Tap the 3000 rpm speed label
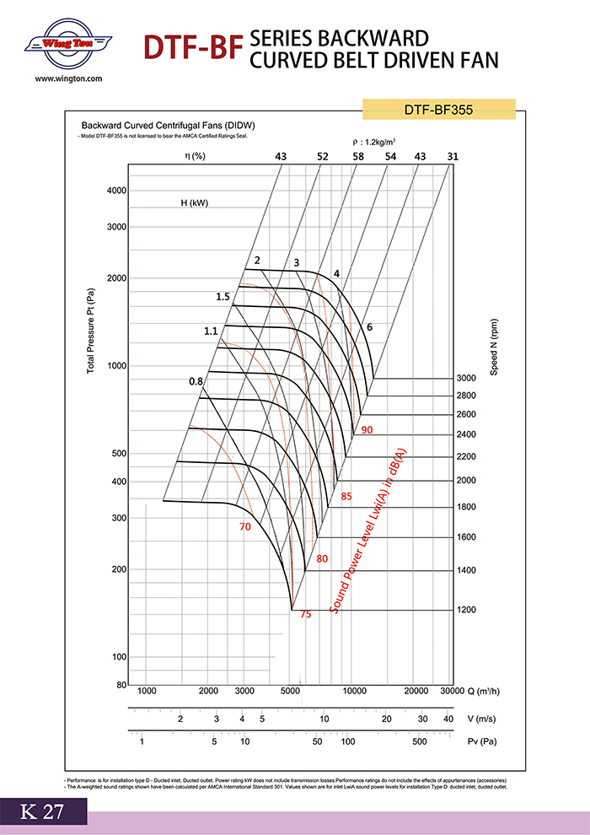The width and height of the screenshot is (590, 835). pyautogui.click(x=466, y=378)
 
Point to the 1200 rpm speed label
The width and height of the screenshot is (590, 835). pyautogui.click(x=466, y=609)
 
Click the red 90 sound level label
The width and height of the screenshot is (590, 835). pyautogui.click(x=367, y=430)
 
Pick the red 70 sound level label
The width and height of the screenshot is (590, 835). pyautogui.click(x=245, y=527)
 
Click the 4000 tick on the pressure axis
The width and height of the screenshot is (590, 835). pyautogui.click(x=116, y=191)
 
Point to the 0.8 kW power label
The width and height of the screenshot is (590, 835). pyautogui.click(x=196, y=382)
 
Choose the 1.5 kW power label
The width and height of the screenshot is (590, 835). pyautogui.click(x=223, y=297)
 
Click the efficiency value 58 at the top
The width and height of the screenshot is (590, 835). pyautogui.click(x=358, y=156)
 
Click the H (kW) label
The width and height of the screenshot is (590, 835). pyautogui.click(x=193, y=203)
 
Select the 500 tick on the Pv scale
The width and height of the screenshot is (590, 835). pyautogui.click(x=418, y=742)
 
